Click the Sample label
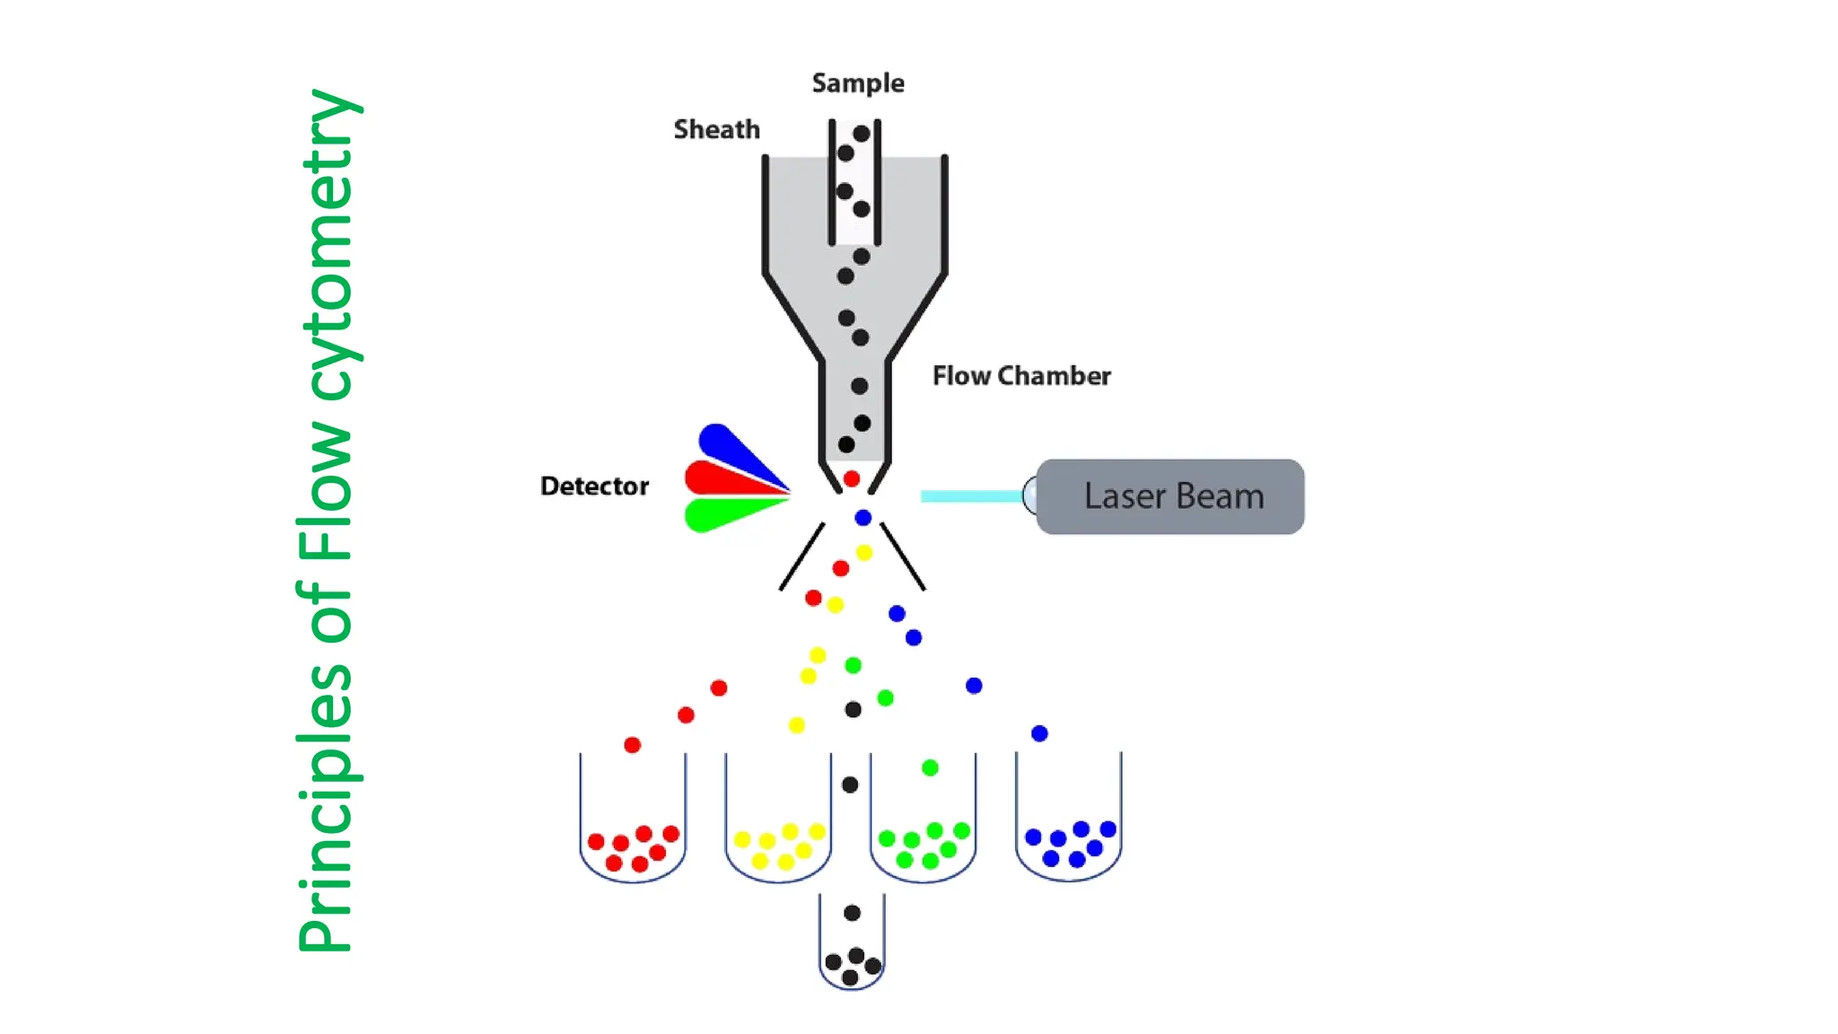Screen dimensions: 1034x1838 click(x=857, y=83)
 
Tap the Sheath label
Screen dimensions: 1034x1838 click(x=716, y=129)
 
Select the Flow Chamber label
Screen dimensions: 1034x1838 click(x=1020, y=375)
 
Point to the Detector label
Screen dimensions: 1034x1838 click(x=594, y=486)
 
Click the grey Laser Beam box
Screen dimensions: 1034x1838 click(x=1170, y=496)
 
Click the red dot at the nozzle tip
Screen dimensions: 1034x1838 click(x=852, y=478)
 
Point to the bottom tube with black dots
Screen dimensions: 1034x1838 click(x=852, y=947)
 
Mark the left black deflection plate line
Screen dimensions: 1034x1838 click(x=801, y=556)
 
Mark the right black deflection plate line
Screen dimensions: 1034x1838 click(x=903, y=556)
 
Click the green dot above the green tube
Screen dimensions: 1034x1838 click(x=930, y=767)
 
